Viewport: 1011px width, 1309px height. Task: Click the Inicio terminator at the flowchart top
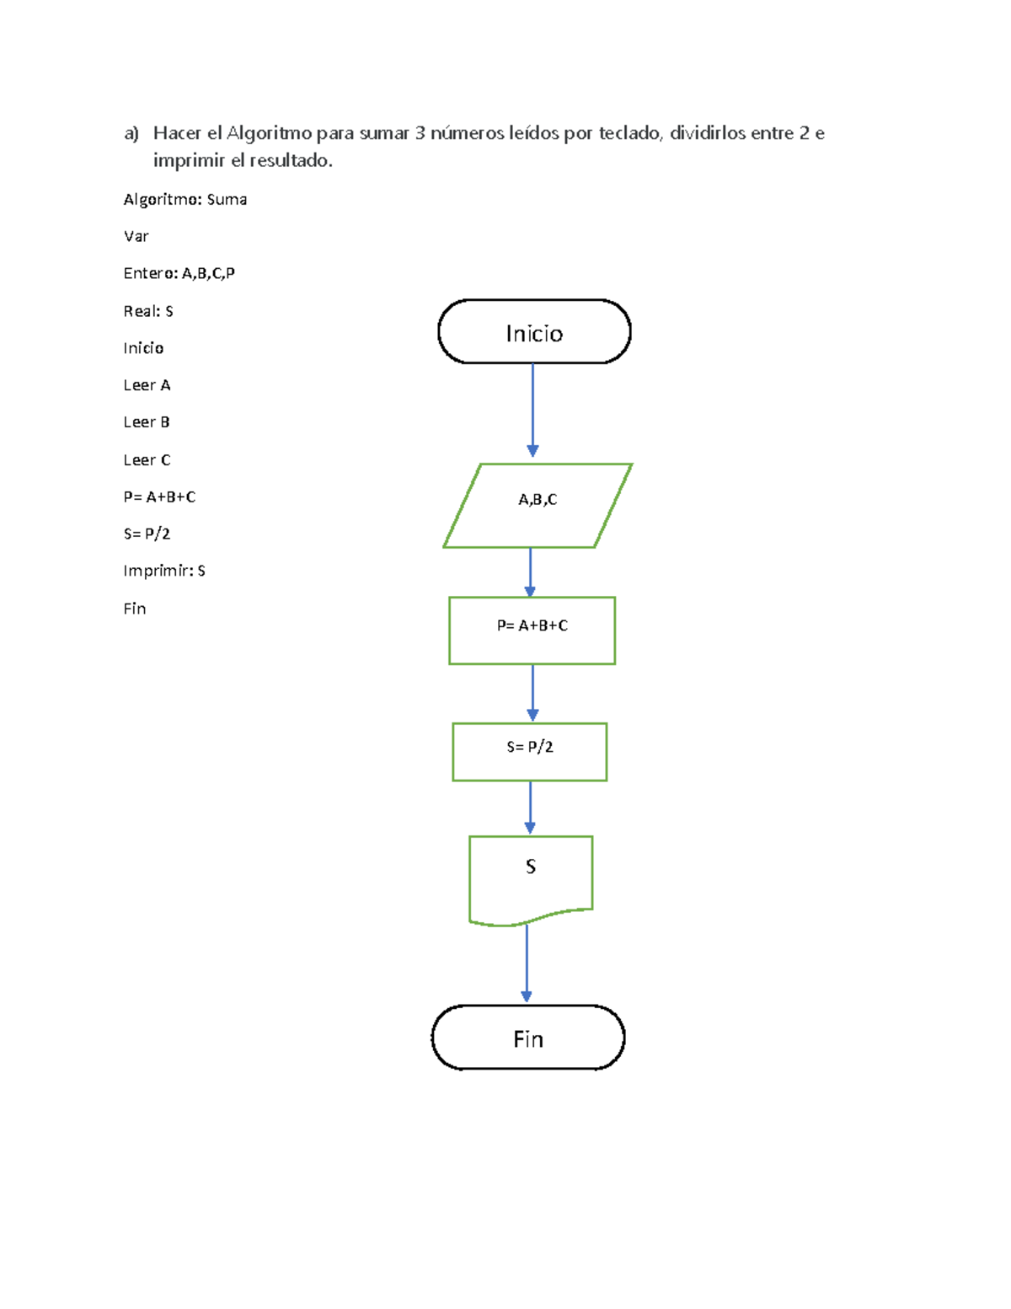[x=534, y=332]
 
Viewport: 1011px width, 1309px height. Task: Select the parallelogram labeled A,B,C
[x=538, y=505]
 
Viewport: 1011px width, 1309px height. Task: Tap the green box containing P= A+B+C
[x=532, y=630]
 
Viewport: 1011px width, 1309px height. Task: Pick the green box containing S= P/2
[x=529, y=751]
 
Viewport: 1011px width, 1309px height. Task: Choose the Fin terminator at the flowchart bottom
[x=528, y=1038]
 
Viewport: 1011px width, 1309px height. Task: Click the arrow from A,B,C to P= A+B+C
[x=530, y=572]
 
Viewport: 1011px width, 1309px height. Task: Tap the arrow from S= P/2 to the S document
[x=530, y=807]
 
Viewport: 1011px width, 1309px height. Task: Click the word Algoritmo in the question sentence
[x=270, y=133]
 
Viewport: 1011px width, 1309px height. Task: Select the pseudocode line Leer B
[x=147, y=422]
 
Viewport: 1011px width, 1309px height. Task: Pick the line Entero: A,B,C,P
[x=179, y=273]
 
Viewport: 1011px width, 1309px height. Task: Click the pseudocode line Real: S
[x=148, y=311]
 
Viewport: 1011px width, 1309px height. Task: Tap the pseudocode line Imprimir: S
[x=164, y=571]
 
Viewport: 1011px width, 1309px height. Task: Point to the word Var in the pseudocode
[x=136, y=236]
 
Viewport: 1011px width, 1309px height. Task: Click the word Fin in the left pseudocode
[x=135, y=609]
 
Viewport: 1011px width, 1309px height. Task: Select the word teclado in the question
[x=630, y=133]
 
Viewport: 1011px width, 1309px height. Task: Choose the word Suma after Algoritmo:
[x=227, y=200]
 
